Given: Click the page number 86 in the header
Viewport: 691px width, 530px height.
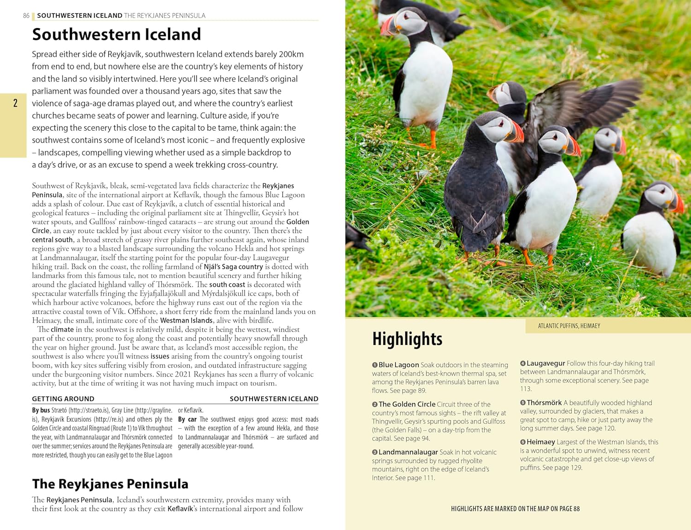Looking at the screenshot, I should [26, 16].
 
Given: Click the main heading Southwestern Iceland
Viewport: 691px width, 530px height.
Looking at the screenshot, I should [117, 35].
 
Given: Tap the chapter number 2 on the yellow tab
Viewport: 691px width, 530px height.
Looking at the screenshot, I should [15, 103].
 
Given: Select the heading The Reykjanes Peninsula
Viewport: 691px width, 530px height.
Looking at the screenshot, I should [110, 484].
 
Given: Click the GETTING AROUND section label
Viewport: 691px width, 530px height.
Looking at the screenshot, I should [63, 399].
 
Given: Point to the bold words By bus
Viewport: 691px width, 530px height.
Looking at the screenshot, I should [41, 410].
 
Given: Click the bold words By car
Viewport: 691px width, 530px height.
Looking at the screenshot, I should [187, 419].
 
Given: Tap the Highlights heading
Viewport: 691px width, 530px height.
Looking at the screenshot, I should [407, 339].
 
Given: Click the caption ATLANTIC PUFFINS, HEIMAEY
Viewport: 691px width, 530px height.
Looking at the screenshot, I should [569, 326].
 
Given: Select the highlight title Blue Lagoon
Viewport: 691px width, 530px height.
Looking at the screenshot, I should [398, 365].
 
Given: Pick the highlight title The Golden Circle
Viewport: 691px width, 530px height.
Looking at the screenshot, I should [407, 404].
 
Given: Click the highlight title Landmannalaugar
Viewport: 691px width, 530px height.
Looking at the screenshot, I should [408, 452].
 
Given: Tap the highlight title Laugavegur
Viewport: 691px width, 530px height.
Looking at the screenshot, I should [545, 363].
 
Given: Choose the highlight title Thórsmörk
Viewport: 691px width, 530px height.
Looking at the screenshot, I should [544, 402].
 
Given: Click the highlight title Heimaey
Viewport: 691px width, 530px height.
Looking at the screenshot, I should [540, 442].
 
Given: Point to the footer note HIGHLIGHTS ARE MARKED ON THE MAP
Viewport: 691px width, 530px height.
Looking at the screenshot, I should [515, 509].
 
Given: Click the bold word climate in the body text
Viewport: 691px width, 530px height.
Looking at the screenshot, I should [62, 330].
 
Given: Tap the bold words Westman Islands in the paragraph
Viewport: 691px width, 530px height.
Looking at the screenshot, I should [186, 320].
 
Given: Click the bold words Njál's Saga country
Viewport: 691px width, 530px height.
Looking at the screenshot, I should [233, 267].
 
